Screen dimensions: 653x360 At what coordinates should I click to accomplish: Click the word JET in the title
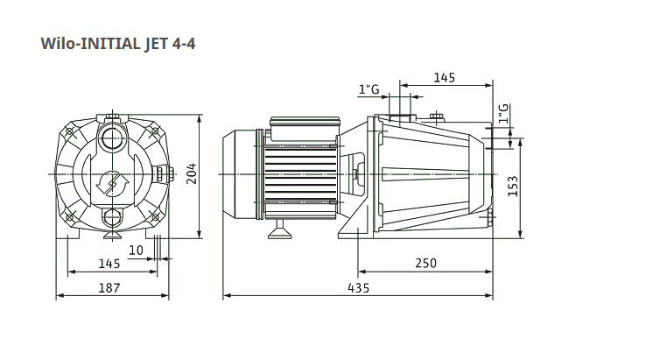(x=156, y=44)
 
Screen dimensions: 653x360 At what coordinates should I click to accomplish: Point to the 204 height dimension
(x=191, y=173)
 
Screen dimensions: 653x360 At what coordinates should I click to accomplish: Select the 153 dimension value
(x=513, y=186)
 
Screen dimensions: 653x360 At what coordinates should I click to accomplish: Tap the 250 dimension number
(x=426, y=264)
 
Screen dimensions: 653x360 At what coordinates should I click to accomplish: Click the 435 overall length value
(x=358, y=288)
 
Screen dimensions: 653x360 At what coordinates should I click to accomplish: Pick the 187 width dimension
(x=109, y=288)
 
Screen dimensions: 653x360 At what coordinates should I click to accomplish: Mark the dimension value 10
(x=136, y=251)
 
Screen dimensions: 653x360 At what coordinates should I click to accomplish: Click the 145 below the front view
(x=109, y=264)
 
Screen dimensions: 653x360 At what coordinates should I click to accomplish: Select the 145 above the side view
(x=445, y=78)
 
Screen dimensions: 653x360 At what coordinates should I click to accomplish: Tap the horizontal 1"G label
(x=369, y=89)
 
